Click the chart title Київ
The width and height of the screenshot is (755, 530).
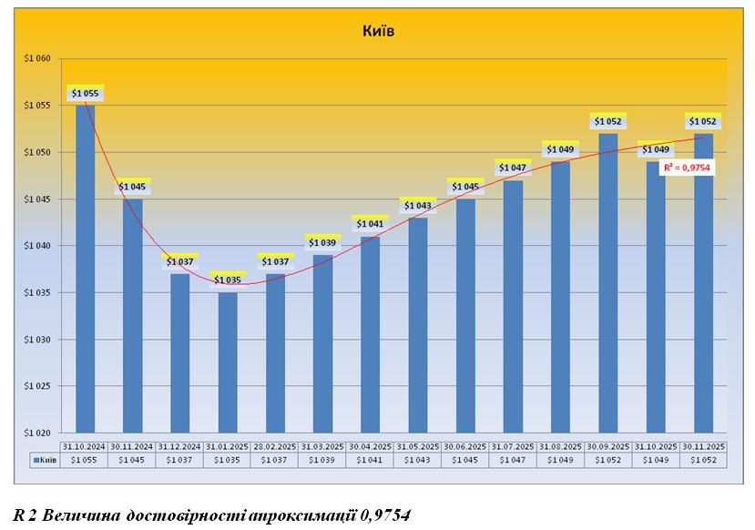click(x=378, y=31)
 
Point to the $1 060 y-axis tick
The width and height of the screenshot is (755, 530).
click(x=37, y=58)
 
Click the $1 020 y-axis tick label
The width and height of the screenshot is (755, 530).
click(x=37, y=433)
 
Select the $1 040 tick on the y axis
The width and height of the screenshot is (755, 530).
click(x=37, y=246)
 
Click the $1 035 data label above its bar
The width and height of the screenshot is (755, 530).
click(x=228, y=280)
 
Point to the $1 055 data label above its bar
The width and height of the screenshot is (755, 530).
click(x=85, y=93)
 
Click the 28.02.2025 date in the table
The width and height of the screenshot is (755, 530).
click(x=274, y=446)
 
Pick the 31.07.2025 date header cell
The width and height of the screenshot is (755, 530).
click(x=512, y=446)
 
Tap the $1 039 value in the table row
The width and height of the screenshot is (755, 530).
click(x=322, y=461)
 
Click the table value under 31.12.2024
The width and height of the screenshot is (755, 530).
click(x=179, y=461)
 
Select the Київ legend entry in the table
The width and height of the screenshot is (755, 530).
click(x=46, y=461)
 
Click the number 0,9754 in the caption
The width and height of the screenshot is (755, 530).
click(x=385, y=515)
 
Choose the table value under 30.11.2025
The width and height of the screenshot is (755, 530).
click(x=702, y=461)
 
